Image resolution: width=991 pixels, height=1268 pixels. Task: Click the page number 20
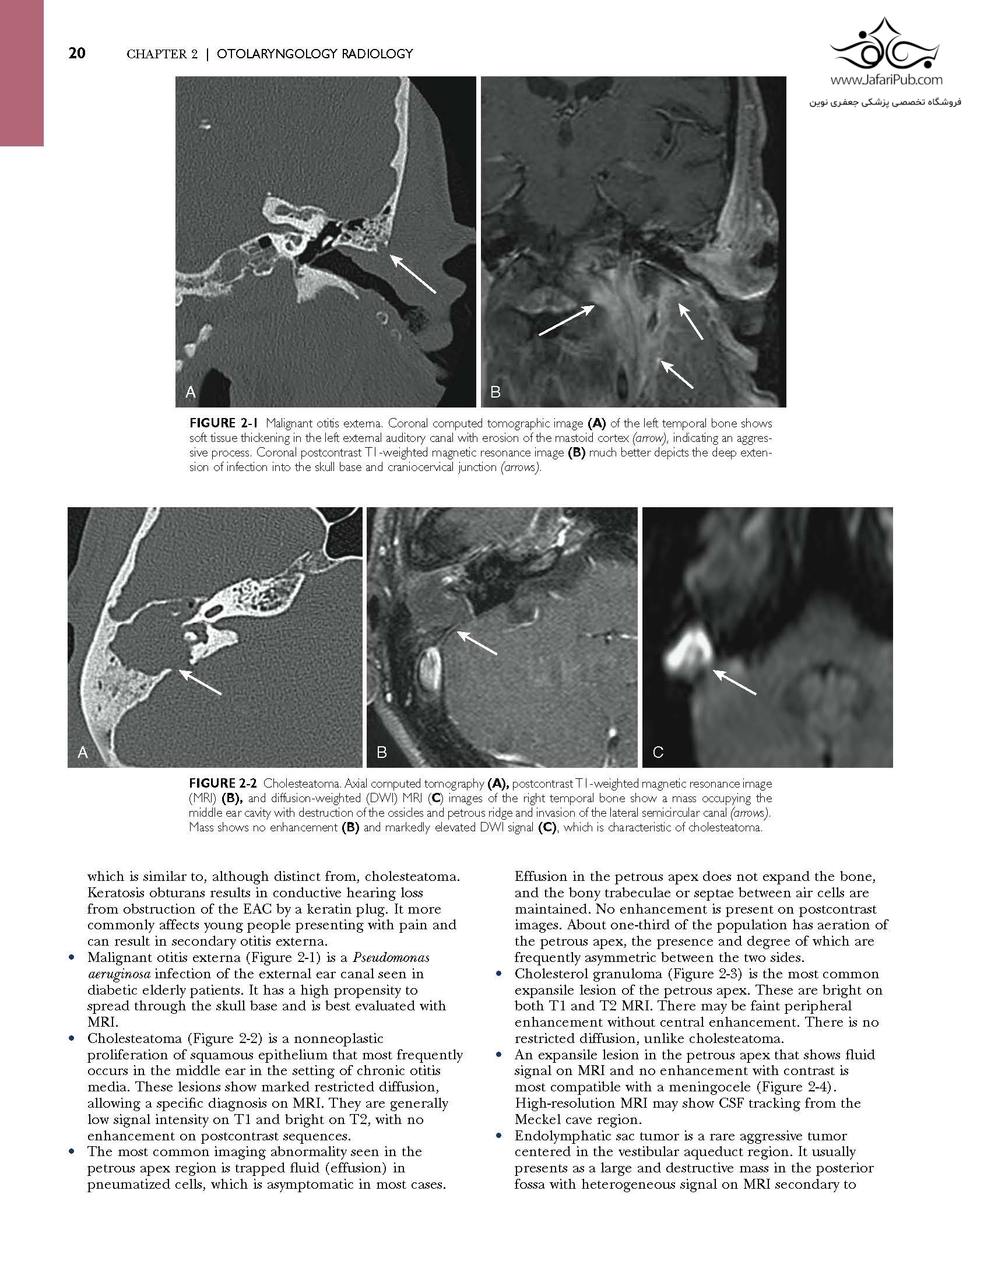77,54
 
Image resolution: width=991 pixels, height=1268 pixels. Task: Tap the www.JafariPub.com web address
885,81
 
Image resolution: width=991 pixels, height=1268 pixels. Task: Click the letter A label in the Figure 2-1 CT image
190,393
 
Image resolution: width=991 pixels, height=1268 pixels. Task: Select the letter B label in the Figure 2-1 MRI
495,393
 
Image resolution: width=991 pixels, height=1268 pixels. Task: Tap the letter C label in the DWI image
658,752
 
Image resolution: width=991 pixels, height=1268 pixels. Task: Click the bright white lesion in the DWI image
690,651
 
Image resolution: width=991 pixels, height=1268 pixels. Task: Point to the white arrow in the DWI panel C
735,683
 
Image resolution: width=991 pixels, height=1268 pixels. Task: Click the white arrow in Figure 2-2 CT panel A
200,682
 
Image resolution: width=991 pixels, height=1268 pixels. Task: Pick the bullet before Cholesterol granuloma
499,974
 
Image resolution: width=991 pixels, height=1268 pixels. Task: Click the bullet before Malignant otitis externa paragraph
72,958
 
